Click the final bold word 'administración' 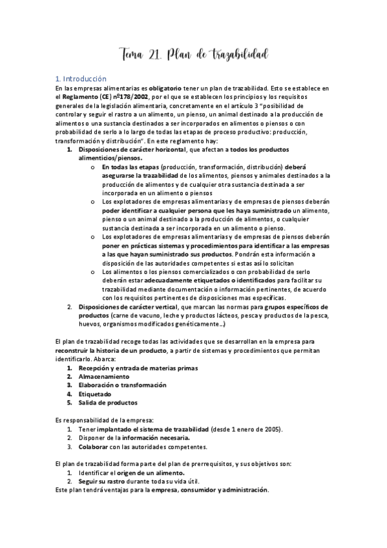tap(244, 490)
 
